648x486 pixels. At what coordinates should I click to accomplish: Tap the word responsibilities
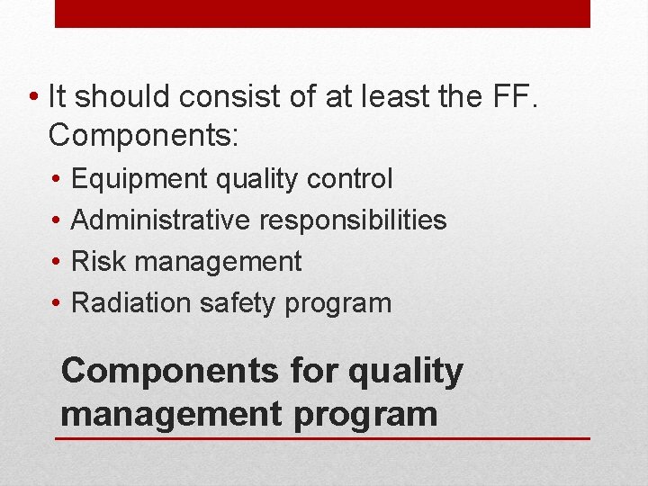point(353,220)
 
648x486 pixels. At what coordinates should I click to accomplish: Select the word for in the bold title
point(292,371)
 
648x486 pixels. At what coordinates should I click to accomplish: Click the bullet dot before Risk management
point(57,262)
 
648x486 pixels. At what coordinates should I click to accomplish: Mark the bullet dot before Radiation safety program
point(57,303)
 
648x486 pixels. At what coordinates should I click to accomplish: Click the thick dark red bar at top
point(322,13)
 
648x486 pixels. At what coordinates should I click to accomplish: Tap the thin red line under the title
point(322,438)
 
